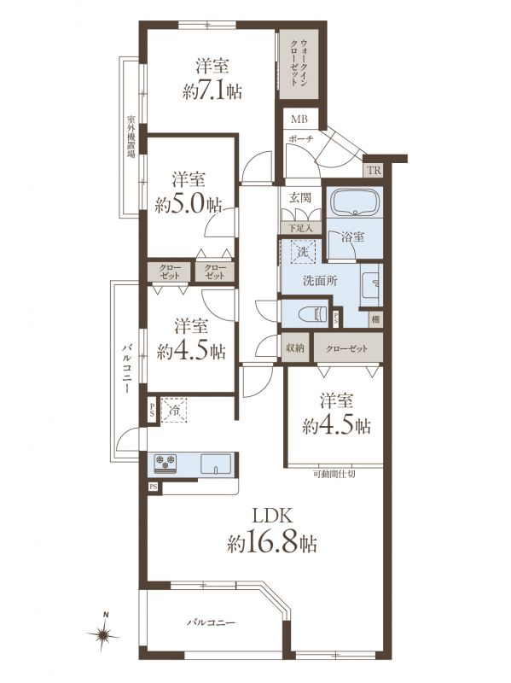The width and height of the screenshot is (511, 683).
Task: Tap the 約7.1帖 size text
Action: click(x=212, y=91)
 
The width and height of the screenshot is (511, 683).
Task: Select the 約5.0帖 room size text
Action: click(x=188, y=204)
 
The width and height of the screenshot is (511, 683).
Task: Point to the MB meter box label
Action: click(x=299, y=119)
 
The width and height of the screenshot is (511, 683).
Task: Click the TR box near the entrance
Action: click(x=374, y=170)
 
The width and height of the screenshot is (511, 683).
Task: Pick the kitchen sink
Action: click(x=216, y=463)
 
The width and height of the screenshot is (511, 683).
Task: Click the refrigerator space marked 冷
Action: click(x=174, y=411)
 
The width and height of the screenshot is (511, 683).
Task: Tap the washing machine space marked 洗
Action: click(x=303, y=251)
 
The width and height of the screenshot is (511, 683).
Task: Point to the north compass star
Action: click(x=103, y=633)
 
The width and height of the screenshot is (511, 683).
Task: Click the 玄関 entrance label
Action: click(x=300, y=198)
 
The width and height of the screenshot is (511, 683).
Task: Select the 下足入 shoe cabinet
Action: click(x=301, y=228)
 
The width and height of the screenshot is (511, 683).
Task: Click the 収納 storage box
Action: click(x=295, y=348)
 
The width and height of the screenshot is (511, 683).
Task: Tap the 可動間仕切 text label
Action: click(x=334, y=474)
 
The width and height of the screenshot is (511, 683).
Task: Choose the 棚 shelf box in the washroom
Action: click(x=376, y=319)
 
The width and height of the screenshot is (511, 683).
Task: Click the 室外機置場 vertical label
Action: click(x=131, y=136)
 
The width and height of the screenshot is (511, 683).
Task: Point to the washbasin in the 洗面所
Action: click(x=371, y=284)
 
